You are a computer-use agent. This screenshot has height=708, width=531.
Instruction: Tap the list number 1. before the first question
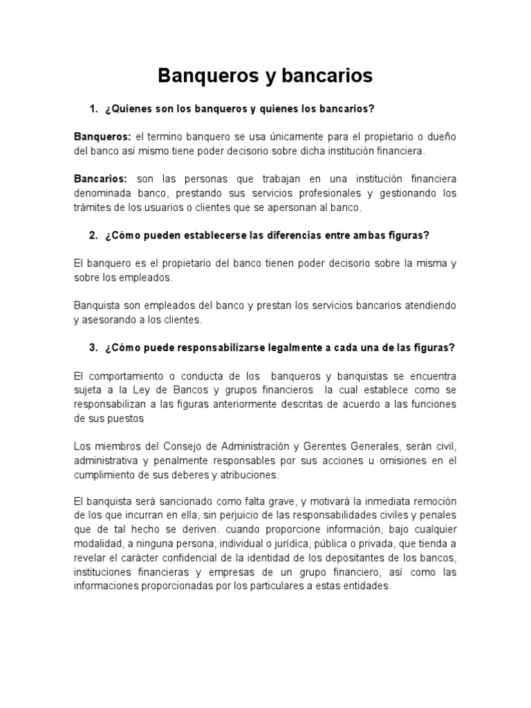click(x=95, y=109)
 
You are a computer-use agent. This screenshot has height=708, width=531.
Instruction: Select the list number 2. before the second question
click(x=95, y=235)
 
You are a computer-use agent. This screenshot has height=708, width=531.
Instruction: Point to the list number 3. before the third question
click(x=95, y=348)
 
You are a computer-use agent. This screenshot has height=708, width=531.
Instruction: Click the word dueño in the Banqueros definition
click(x=441, y=137)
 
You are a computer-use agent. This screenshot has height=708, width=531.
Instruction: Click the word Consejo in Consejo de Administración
click(x=181, y=446)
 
